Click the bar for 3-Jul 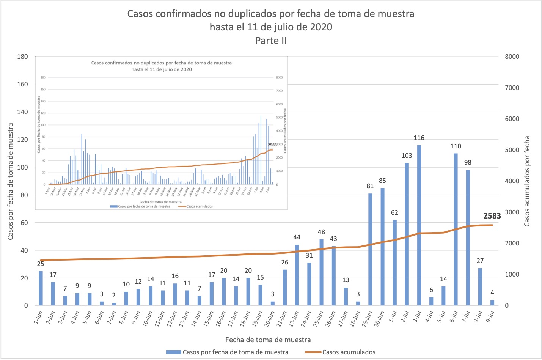click(419, 225)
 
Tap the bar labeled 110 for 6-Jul click(456, 230)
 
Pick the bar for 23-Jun click(297, 275)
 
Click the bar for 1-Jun click(41, 288)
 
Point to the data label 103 click(407, 156)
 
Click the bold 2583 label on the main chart click(492, 216)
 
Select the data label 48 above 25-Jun click(321, 232)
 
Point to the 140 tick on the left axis click(22, 112)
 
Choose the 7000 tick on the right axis click(512, 88)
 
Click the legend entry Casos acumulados click(349, 352)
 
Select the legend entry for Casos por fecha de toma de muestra click(235, 352)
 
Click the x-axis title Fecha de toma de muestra click(268, 340)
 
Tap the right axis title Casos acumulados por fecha click(527, 181)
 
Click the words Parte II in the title click(271, 41)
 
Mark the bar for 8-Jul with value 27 click(480, 287)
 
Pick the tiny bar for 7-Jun click(114, 304)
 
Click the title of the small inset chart click(162, 66)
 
